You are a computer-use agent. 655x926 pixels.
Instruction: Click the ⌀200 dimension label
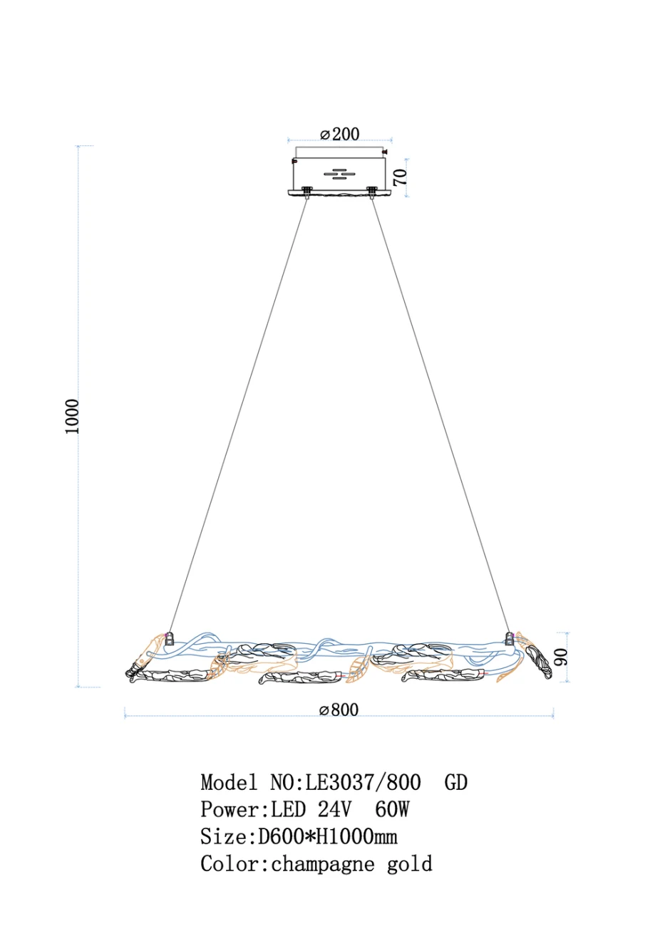coord(340,134)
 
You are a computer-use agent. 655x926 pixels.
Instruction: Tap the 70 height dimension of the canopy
coord(401,177)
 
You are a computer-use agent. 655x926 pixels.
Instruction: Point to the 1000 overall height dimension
coord(71,416)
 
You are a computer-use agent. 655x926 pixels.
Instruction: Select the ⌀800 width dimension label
coord(339,709)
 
